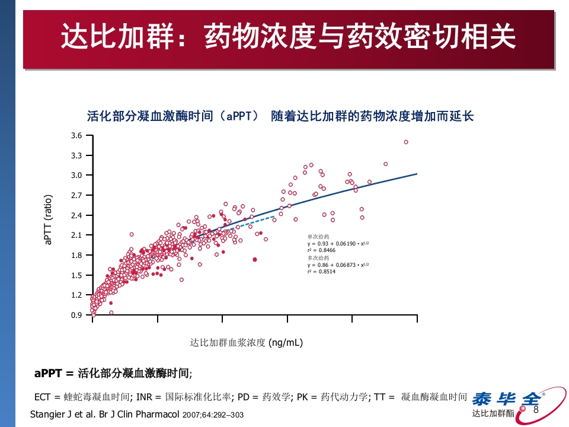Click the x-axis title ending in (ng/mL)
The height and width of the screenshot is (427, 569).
pyautogui.click(x=247, y=343)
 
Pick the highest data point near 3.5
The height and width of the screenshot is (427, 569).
pyautogui.click(x=406, y=142)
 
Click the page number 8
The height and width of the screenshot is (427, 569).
pyautogui.click(x=536, y=410)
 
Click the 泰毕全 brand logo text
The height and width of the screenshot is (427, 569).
pyautogui.click(x=505, y=398)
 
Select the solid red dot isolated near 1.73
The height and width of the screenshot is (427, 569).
pyautogui.click(x=255, y=259)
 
